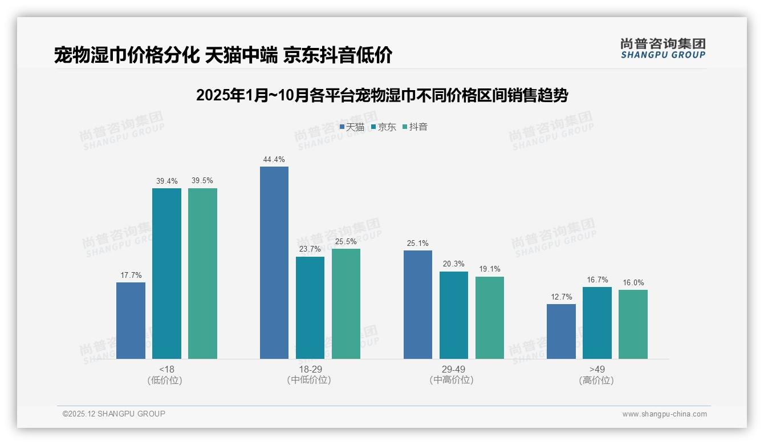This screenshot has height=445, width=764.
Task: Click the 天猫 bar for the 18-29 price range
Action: point(274,262)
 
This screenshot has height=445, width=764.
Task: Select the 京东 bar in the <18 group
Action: point(166,273)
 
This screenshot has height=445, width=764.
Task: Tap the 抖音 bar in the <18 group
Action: point(202,273)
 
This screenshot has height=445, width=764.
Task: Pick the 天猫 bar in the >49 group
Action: point(561,331)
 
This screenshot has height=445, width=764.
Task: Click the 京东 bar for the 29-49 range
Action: point(454,315)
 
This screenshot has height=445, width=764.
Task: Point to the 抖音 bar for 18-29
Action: point(346,304)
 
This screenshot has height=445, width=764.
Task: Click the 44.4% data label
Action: point(274,160)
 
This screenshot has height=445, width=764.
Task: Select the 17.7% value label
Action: point(131,276)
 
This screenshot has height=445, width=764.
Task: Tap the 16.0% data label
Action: point(633,283)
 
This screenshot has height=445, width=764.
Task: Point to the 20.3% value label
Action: point(453,264)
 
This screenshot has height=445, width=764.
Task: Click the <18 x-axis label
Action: point(166,369)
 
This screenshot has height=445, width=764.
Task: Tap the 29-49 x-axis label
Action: point(453,369)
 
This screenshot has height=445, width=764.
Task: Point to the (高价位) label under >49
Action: point(596,381)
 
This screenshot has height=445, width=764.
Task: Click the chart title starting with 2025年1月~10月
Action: point(382,95)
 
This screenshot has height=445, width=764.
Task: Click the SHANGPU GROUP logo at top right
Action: point(663,48)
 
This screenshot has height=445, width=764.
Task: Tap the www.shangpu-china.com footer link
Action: point(664,414)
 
